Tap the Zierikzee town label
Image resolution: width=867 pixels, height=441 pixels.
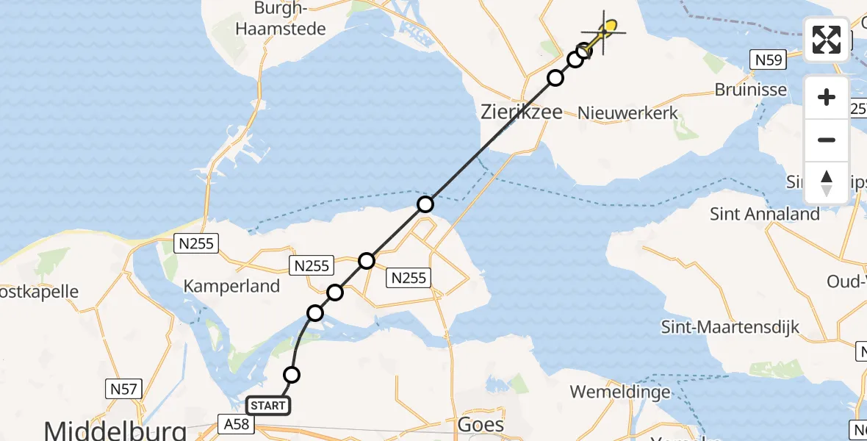521,112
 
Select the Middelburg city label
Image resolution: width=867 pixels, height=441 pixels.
115,429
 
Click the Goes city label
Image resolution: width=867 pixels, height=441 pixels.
481,424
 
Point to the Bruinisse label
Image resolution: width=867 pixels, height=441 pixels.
750,90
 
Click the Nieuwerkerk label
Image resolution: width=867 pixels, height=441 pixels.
627,112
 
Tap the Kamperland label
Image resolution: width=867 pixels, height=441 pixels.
232,286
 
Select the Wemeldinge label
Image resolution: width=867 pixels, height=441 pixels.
620,392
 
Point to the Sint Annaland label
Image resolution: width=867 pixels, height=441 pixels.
764,214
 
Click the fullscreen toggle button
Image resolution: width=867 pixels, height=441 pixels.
827,39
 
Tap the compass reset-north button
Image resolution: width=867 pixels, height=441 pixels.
827,183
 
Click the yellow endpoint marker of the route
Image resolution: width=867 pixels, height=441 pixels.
610,27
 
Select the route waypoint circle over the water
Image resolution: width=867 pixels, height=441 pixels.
425,204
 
